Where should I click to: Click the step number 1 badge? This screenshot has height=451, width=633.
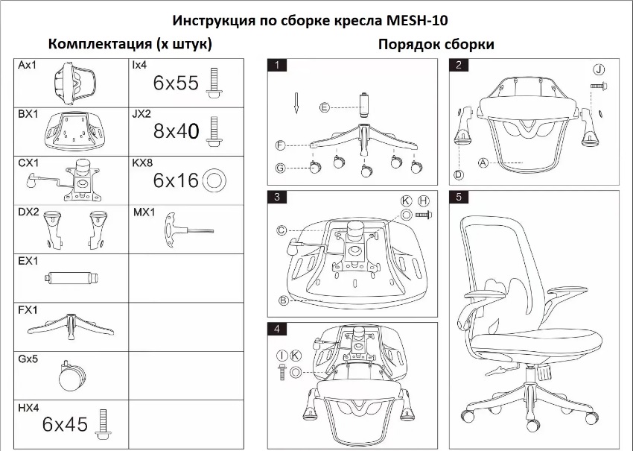point(277,65)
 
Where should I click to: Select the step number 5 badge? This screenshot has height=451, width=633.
point(459,197)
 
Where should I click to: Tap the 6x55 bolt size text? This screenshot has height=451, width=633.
point(176,83)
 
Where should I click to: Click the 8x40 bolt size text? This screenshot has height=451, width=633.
point(176,131)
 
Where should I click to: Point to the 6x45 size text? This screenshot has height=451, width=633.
point(65,424)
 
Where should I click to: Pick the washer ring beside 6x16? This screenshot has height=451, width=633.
point(214,180)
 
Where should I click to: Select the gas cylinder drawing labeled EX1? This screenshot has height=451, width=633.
point(71,278)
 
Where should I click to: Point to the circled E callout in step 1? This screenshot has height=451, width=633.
point(324,107)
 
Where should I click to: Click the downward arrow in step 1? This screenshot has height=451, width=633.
point(296,104)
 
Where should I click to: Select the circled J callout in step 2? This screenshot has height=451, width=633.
point(599,69)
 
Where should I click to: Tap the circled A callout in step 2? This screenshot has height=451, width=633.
point(483,163)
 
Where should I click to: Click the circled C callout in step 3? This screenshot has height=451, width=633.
point(281,230)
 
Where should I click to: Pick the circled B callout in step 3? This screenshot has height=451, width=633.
point(284,300)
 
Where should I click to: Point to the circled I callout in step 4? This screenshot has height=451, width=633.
point(282,356)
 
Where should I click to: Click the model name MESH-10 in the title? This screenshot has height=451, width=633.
point(417,20)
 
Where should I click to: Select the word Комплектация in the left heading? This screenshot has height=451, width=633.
point(100,44)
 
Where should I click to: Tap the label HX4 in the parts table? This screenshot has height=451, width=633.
point(28,408)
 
